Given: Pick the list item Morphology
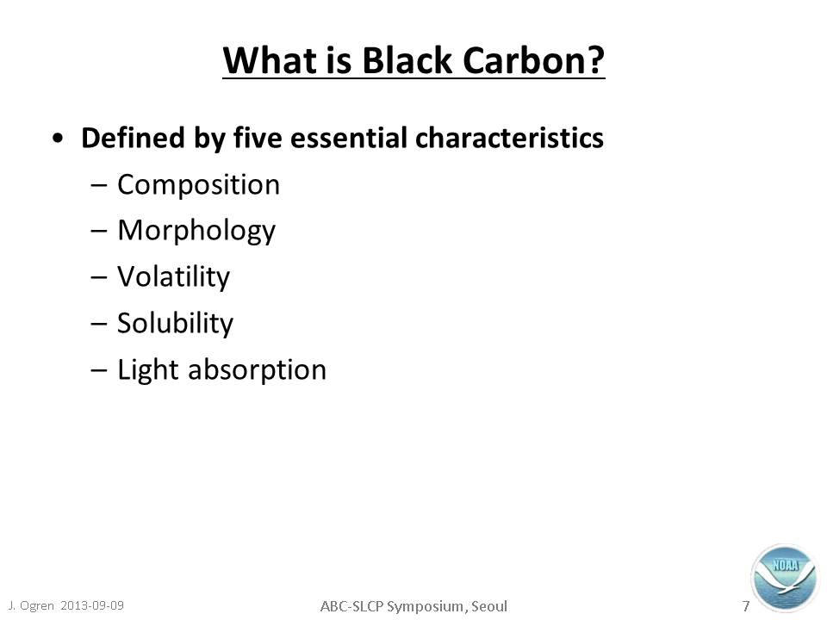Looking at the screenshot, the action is click(x=196, y=232).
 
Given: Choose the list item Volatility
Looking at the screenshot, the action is click(x=173, y=276).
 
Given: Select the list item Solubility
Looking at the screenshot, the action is click(x=175, y=323).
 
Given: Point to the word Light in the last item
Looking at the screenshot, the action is click(x=147, y=369).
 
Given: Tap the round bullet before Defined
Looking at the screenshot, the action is click(x=58, y=139).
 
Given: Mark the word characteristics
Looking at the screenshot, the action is click(x=509, y=138).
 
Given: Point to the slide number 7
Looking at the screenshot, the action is click(x=746, y=606).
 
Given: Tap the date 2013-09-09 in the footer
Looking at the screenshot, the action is click(x=92, y=605).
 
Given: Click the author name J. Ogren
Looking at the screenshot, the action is click(x=31, y=605).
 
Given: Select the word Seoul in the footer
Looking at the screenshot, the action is click(x=489, y=606).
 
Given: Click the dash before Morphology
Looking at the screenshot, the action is click(x=98, y=232).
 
